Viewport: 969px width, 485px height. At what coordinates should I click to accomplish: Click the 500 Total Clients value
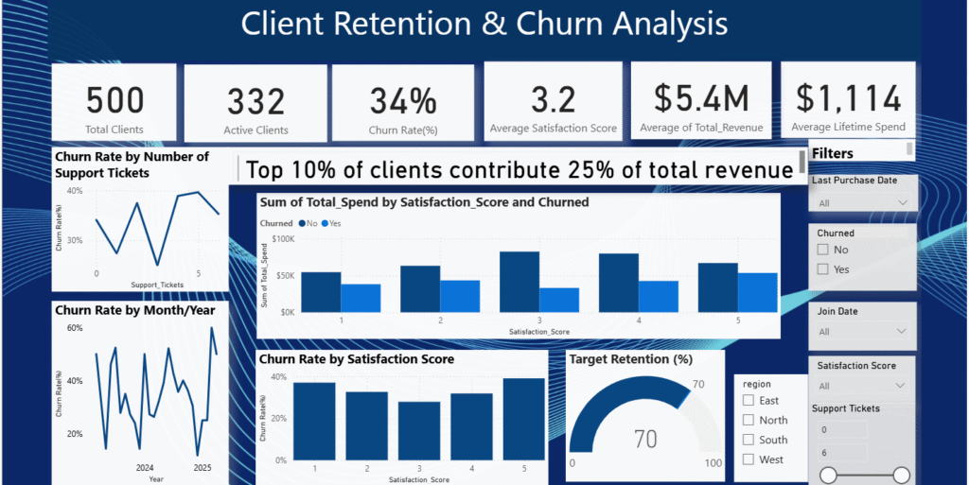point(115,99)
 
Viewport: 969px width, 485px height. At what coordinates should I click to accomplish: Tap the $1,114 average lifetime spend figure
point(847,97)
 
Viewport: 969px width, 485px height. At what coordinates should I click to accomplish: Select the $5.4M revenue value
point(701,97)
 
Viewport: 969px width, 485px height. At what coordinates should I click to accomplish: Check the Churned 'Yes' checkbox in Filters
point(823,269)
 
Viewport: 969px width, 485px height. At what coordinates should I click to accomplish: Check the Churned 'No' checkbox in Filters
point(823,250)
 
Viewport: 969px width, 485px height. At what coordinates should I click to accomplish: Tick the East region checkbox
point(749,401)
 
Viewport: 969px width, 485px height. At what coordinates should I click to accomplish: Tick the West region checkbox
point(749,459)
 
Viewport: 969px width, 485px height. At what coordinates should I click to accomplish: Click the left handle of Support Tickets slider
point(828,475)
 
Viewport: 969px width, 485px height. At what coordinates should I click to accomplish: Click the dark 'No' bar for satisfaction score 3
point(519,282)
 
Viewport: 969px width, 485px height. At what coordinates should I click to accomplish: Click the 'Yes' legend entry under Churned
point(332,222)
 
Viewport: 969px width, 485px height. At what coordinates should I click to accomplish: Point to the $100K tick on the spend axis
point(284,240)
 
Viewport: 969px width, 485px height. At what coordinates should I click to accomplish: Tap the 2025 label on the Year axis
point(203,468)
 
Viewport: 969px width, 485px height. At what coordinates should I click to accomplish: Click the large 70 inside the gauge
point(644,439)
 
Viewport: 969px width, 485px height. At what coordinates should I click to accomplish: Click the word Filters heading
point(833,153)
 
